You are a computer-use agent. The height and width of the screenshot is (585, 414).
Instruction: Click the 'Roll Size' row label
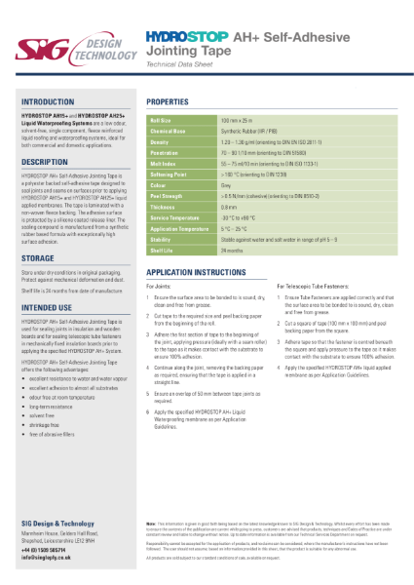[x=161, y=119]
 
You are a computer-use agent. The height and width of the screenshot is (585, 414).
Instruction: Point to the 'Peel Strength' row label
[x=167, y=196]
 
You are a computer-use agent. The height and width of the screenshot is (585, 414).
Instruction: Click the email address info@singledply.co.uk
[x=54, y=558]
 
